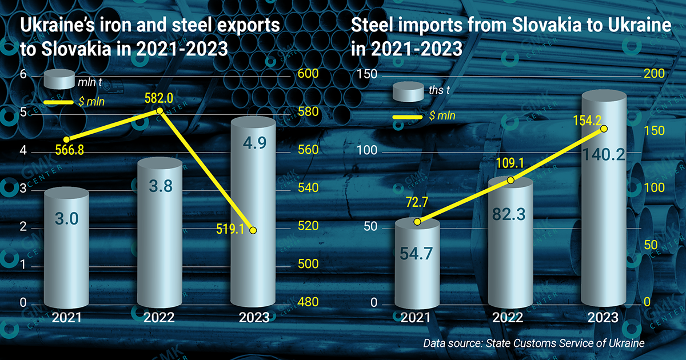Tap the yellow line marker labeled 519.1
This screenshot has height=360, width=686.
tap(253, 230)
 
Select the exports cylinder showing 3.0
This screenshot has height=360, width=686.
tap(67, 246)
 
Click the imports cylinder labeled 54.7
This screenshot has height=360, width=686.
tap(418, 263)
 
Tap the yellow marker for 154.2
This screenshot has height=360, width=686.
tap(604, 129)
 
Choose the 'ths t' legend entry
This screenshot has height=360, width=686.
tap(440, 90)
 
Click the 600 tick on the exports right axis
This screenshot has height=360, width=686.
tap(308, 74)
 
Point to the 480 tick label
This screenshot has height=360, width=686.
tap(308, 303)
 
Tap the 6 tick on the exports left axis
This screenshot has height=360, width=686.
tap(23, 74)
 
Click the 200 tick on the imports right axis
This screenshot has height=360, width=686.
tap(654, 74)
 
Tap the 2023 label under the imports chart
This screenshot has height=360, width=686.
tap(604, 318)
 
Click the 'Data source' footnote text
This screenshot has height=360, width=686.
tap(535, 343)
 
